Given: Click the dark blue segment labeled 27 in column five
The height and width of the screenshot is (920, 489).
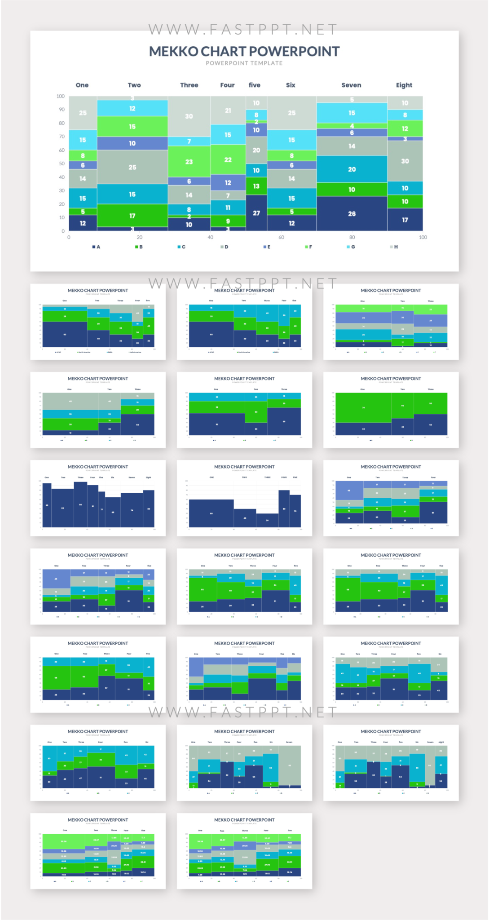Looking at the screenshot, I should pyautogui.click(x=256, y=213).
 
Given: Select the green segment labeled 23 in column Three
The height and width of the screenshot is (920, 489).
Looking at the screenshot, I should pyautogui.click(x=189, y=162).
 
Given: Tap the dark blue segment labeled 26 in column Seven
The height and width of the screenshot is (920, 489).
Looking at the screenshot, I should pyautogui.click(x=352, y=214).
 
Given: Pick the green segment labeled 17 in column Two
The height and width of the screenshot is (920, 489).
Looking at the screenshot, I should pyautogui.click(x=132, y=216).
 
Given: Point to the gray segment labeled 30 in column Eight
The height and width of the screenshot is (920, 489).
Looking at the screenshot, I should pyautogui.click(x=405, y=161).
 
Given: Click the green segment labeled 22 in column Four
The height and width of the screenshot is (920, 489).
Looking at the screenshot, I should pyautogui.click(x=228, y=159).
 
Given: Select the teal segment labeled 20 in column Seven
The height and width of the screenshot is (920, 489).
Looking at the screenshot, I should pyautogui.click(x=352, y=169).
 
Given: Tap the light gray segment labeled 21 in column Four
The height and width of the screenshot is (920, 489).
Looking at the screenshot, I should pyautogui.click(x=228, y=110).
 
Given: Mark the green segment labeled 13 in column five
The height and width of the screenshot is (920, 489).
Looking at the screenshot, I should pyautogui.click(x=256, y=186).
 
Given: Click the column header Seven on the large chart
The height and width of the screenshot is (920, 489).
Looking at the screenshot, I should pyautogui.click(x=351, y=85).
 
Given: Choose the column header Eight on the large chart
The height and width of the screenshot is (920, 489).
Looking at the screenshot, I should pyautogui.click(x=404, y=85).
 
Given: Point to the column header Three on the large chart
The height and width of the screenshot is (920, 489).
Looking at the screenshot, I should pyautogui.click(x=189, y=85).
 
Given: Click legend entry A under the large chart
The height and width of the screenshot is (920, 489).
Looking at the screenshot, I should pyautogui.click(x=96, y=247).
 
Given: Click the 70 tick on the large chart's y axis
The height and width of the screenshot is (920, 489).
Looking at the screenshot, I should pyautogui.click(x=61, y=137).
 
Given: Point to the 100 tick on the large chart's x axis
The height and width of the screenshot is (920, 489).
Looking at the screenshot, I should pyautogui.click(x=423, y=237).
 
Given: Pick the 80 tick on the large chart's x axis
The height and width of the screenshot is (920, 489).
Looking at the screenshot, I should pyautogui.click(x=352, y=237).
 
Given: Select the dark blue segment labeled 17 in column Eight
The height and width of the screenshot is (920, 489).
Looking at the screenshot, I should pyautogui.click(x=405, y=220).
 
